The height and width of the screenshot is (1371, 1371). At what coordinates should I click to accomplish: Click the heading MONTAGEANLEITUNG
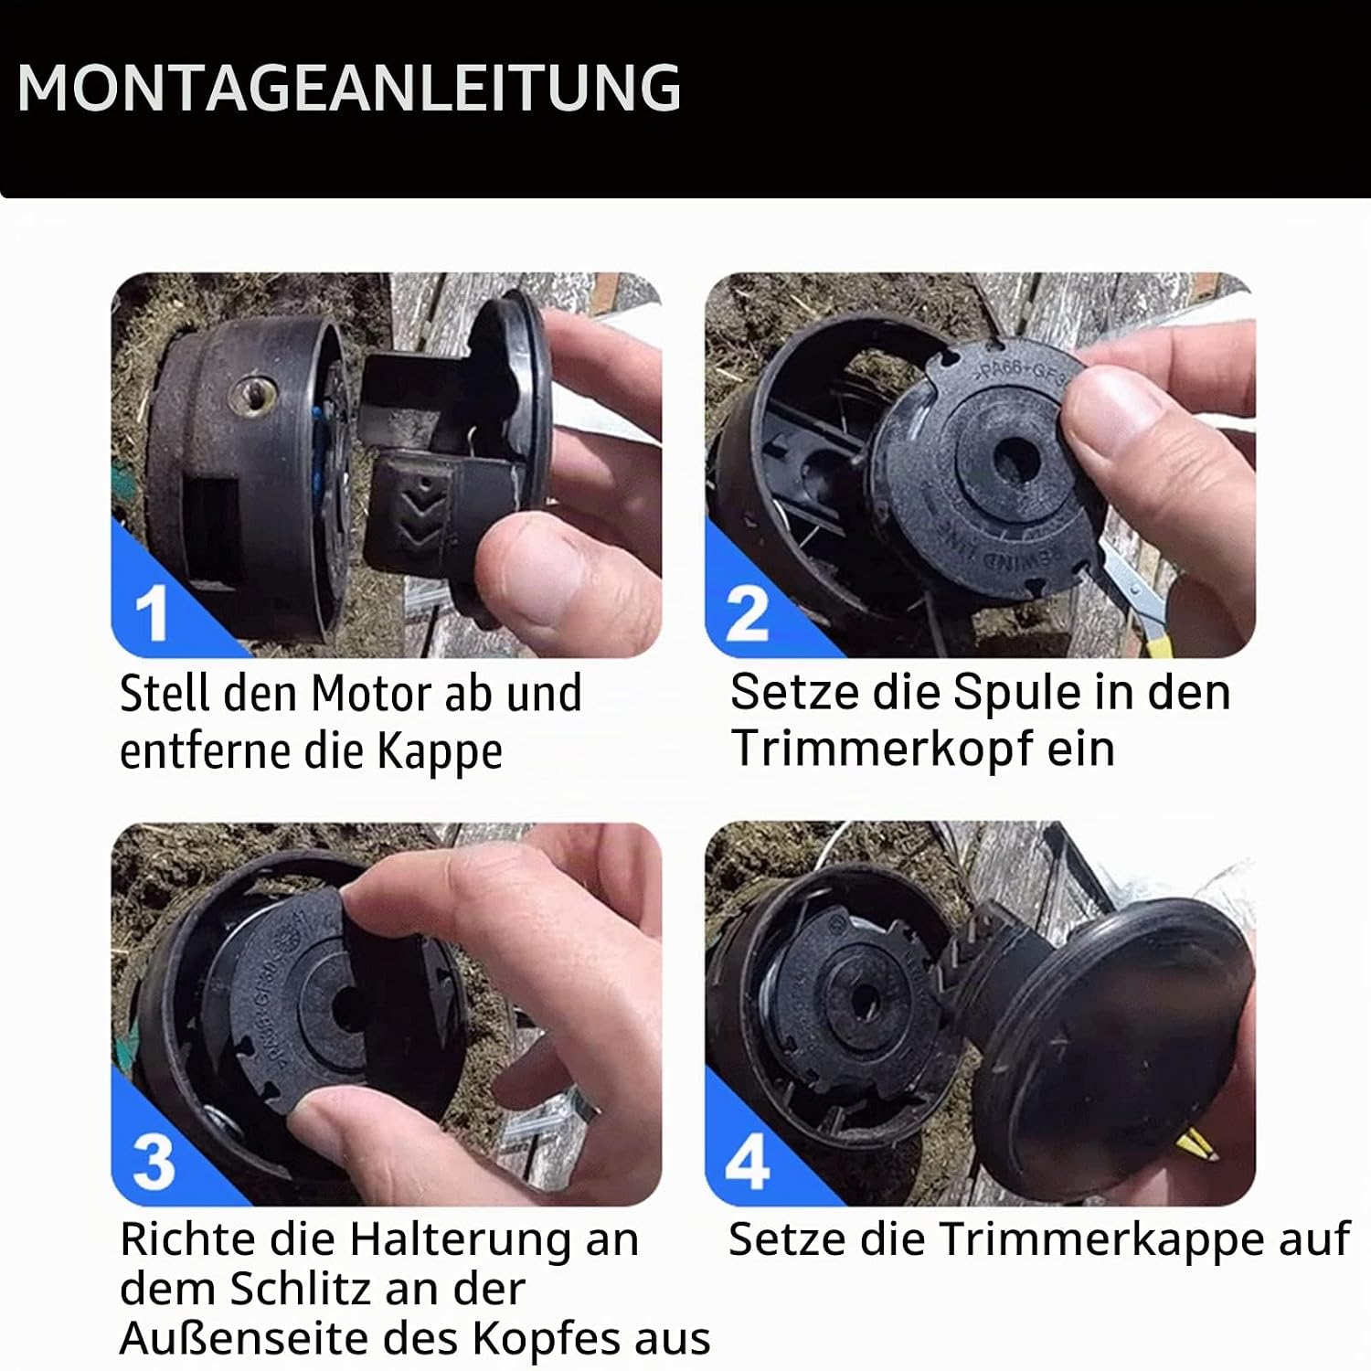pyautogui.click(x=349, y=88)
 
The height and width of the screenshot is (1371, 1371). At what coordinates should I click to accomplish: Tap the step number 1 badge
pyautogui.click(x=152, y=612)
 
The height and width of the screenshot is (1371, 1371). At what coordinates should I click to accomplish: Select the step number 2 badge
pyautogui.click(x=747, y=612)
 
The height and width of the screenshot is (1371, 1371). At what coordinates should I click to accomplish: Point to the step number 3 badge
pyautogui.click(x=153, y=1162)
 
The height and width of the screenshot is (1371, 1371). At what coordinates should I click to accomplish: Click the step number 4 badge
pyautogui.click(x=747, y=1162)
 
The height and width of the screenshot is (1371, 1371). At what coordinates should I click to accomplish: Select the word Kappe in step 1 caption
pyautogui.click(x=440, y=753)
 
